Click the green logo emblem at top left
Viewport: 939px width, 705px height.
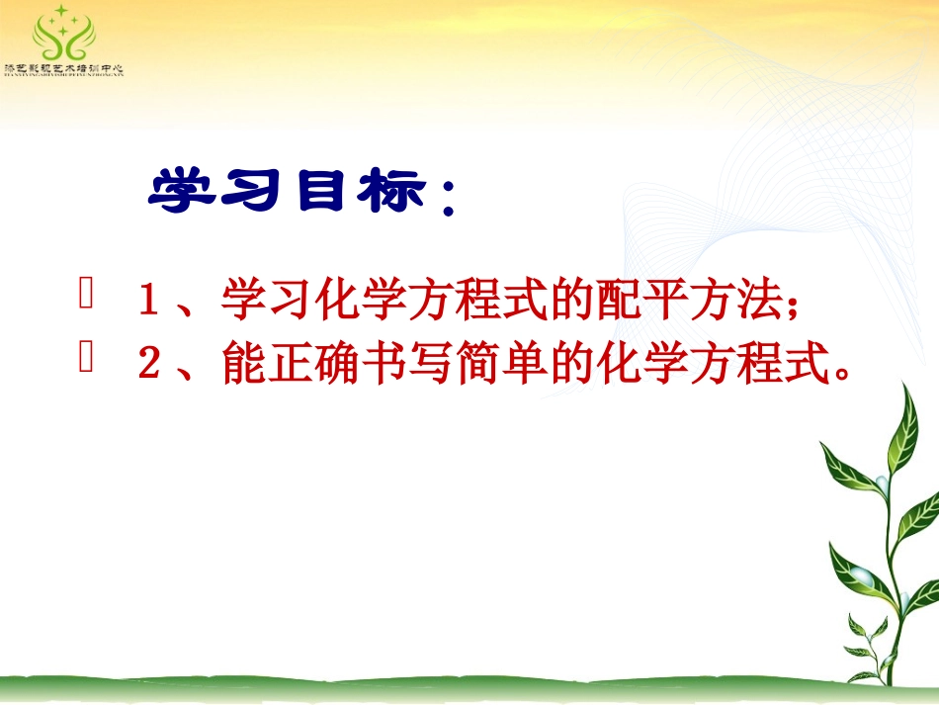(63, 35)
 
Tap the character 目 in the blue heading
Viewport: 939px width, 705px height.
(313, 192)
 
